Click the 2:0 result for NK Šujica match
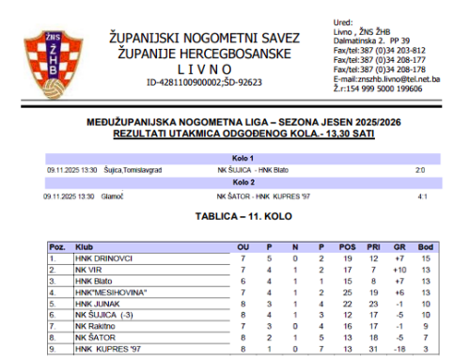(x=420, y=170)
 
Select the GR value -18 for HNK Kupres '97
(x=399, y=348)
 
